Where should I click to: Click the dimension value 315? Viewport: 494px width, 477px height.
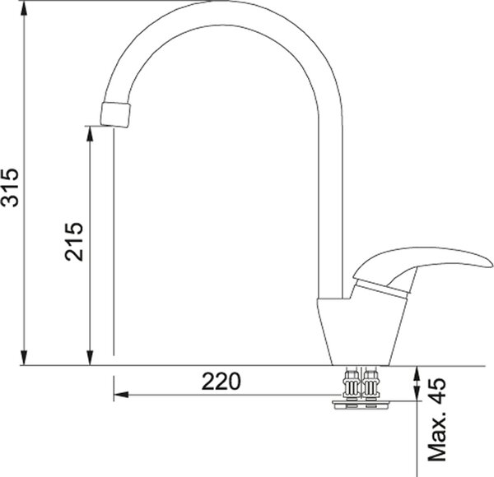point(10,188)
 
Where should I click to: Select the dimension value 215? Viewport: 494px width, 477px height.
point(74,242)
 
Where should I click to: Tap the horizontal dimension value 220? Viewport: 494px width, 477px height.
point(221,381)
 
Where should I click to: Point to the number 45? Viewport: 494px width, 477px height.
point(438,390)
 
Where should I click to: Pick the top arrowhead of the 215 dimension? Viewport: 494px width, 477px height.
point(90,134)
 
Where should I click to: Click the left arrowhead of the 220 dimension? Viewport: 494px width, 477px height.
point(121,394)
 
